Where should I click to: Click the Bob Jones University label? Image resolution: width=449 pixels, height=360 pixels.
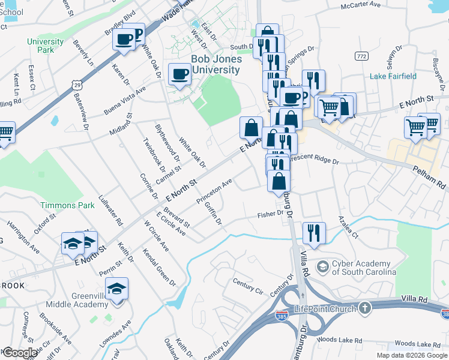click(216, 64)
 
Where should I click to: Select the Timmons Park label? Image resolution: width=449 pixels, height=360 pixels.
click(67, 205)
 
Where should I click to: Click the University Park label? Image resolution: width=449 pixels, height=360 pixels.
click(45, 46)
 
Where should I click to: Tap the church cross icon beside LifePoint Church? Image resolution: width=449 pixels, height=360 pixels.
click(364, 308)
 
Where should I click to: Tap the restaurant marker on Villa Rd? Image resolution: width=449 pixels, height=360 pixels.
click(314, 232)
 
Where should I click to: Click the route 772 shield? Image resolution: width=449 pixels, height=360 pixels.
click(361, 56)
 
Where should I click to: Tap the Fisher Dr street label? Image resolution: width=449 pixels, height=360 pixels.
click(270, 214)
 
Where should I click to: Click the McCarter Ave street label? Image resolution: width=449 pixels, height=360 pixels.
click(361, 4)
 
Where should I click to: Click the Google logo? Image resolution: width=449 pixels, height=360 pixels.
click(20, 353)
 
